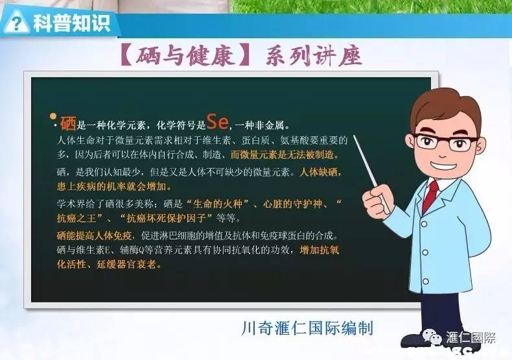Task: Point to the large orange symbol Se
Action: coord(218,121)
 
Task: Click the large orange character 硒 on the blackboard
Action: coord(67,123)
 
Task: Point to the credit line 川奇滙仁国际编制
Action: coord(306,327)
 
